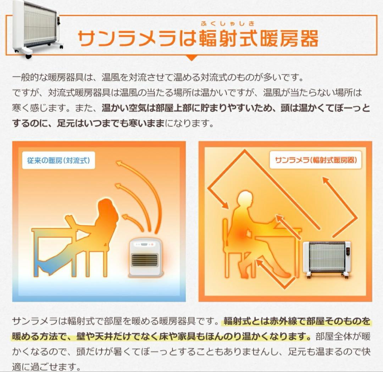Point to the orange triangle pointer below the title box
click(191, 57)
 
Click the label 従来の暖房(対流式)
click(59, 160)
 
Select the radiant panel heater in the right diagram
click(327, 257)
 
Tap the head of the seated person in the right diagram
click(245, 200)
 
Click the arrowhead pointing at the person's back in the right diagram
click(225, 205)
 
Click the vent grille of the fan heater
click(144, 260)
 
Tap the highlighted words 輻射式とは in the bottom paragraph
click(245, 321)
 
